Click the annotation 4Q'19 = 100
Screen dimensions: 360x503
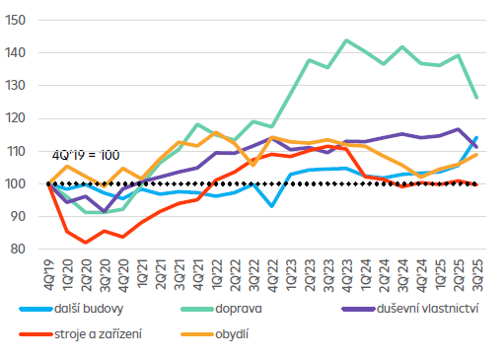[85, 155]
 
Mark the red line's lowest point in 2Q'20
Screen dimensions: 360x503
[86, 243]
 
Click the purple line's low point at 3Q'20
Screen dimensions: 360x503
[105, 211]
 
